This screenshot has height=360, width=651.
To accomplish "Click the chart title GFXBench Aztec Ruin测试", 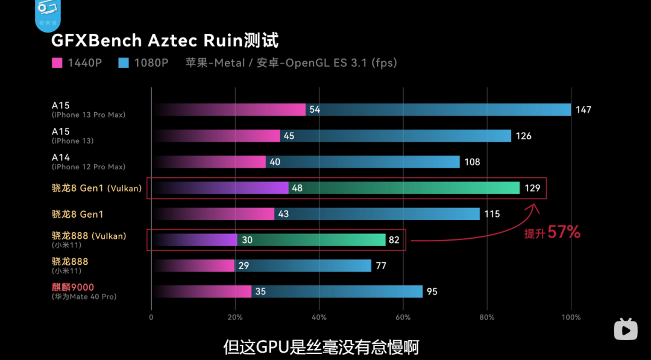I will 165,41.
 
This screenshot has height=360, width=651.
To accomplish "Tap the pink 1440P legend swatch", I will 57,63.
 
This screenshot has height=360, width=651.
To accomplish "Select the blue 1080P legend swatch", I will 124,63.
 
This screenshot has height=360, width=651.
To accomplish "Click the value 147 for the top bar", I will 583,110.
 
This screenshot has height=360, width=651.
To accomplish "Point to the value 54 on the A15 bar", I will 315,110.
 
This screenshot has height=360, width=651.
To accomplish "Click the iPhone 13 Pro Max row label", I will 88,115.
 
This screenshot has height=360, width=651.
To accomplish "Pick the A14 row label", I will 61,157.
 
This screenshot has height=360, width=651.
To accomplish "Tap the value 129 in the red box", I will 532,188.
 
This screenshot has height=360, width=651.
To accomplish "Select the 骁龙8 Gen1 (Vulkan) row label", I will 96,188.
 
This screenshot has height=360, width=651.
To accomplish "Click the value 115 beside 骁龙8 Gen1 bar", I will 492,214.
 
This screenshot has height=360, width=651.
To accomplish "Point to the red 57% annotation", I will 563,232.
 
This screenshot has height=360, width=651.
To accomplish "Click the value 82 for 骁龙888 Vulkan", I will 394,240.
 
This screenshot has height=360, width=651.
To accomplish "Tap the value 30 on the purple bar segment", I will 247,240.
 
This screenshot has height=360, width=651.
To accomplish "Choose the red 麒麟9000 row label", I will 73,287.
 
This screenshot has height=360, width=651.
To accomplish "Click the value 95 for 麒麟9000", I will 432,292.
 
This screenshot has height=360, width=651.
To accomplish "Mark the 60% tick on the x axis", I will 403,317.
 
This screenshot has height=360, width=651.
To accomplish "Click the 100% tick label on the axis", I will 571,317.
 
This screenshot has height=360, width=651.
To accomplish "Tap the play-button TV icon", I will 626,329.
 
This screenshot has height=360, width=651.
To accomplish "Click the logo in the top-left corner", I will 46,14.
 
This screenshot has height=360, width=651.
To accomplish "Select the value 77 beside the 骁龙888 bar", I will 381,266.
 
